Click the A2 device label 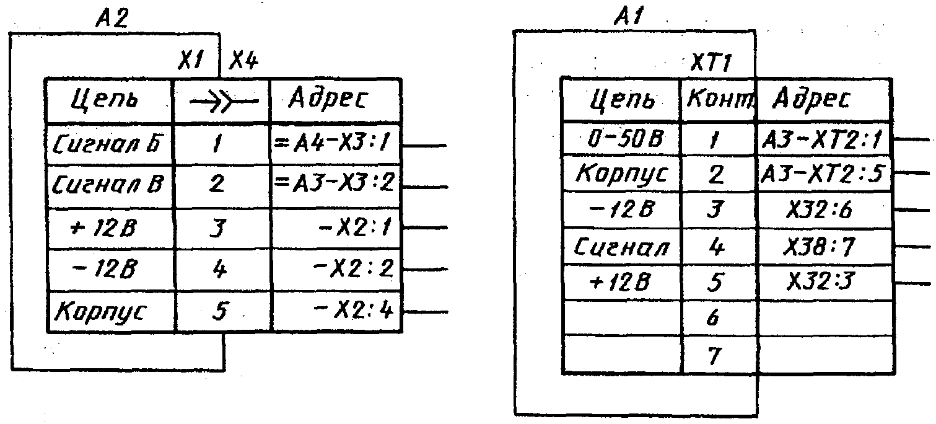(x=112, y=20)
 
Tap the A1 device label (x=629, y=19)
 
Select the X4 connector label (x=244, y=61)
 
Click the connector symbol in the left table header (x=222, y=101)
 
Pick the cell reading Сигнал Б (x=110, y=145)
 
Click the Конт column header (x=718, y=100)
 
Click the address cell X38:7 (x=823, y=247)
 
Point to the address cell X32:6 (x=823, y=211)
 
